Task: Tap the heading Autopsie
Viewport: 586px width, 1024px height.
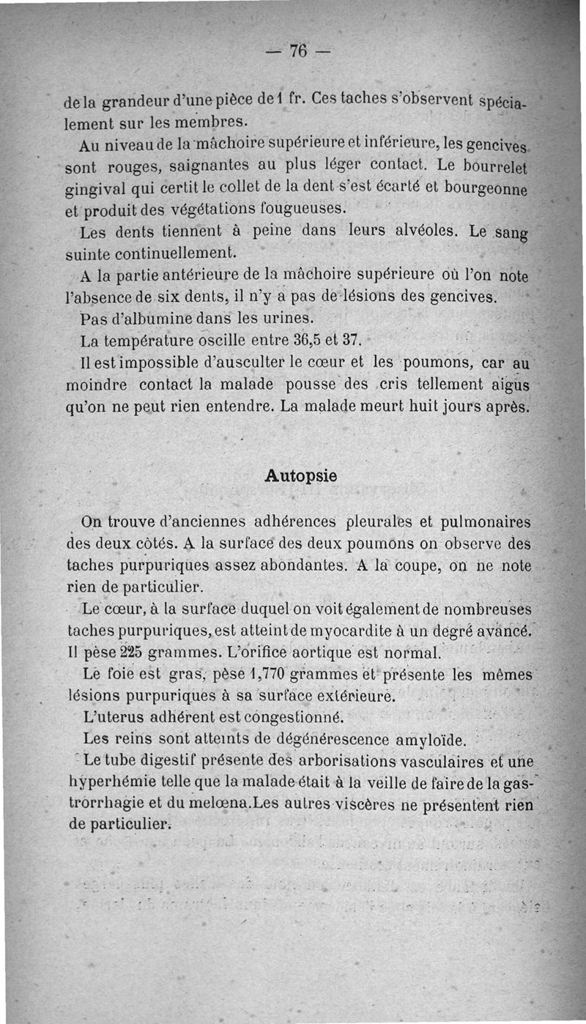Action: click(300, 475)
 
